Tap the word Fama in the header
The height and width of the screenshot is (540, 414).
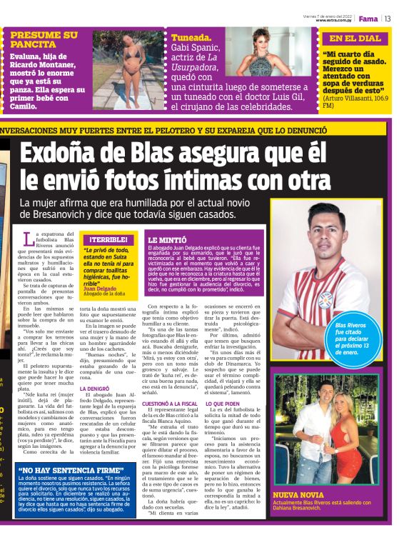(368, 18)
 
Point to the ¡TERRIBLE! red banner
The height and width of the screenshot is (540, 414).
(108, 239)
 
